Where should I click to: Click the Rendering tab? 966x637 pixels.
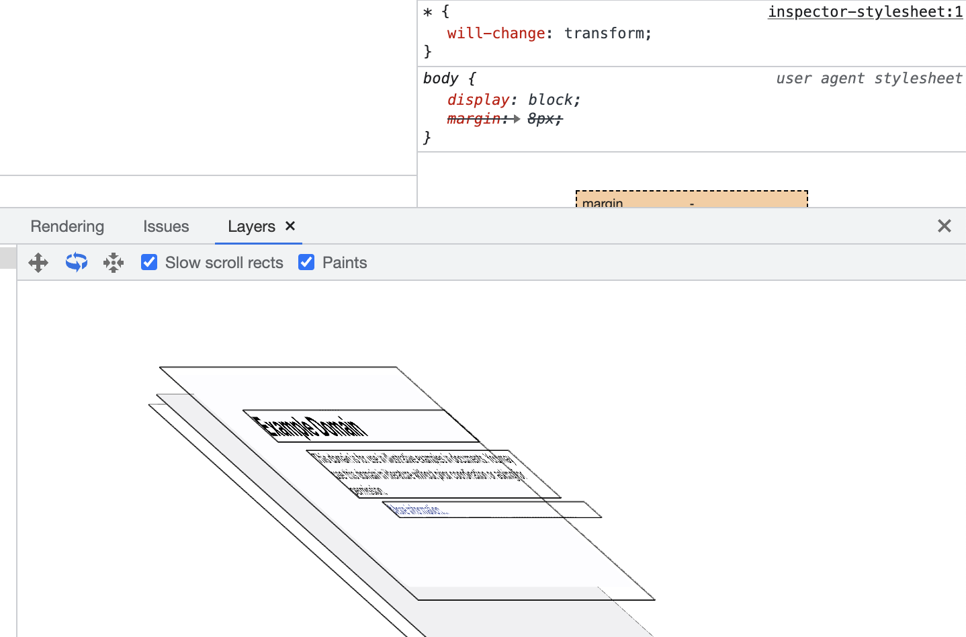(67, 226)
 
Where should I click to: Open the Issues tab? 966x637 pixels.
(166, 226)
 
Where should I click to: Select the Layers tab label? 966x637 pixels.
(251, 226)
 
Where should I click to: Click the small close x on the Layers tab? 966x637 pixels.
(290, 226)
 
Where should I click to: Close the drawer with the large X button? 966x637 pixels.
(944, 226)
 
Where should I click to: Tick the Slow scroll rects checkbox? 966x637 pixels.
(149, 262)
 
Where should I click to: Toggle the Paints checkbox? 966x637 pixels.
(306, 262)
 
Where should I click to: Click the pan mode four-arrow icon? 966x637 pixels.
(38, 262)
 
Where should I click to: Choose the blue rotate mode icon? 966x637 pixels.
(77, 262)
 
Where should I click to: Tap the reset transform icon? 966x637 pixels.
(114, 262)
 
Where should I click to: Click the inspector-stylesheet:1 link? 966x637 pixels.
(865, 12)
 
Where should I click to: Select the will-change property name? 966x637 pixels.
(496, 34)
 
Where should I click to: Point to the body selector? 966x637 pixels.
(441, 79)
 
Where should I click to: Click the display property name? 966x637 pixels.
(478, 100)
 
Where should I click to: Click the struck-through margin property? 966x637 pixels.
(474, 119)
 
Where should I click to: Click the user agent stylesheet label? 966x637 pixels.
(869, 79)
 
